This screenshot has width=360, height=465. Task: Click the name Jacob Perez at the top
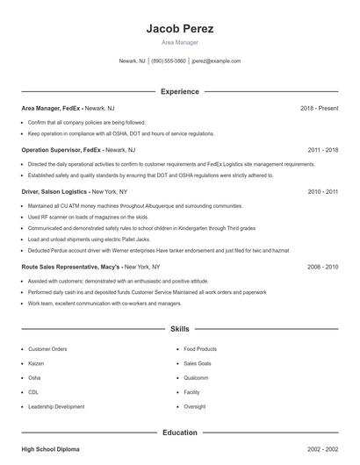coord(179,29)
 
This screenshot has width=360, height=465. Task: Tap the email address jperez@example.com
coord(216,61)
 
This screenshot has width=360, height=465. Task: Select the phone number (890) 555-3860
coord(169,61)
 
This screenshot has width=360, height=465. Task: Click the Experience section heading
coord(179,91)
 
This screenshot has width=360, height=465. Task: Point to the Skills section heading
coord(179,329)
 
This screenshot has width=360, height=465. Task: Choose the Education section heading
coord(179,433)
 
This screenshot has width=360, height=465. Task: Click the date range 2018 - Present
coord(319,108)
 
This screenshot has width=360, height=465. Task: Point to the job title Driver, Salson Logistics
coord(54,191)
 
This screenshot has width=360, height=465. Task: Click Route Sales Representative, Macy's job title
coord(70,266)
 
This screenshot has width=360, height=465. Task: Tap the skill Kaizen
coord(38,363)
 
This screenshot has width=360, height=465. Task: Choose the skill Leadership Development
coord(56,407)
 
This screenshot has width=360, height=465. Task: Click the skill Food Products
coord(200,349)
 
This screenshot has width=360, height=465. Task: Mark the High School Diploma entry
coord(50,449)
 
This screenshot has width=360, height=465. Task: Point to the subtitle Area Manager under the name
coord(179,42)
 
